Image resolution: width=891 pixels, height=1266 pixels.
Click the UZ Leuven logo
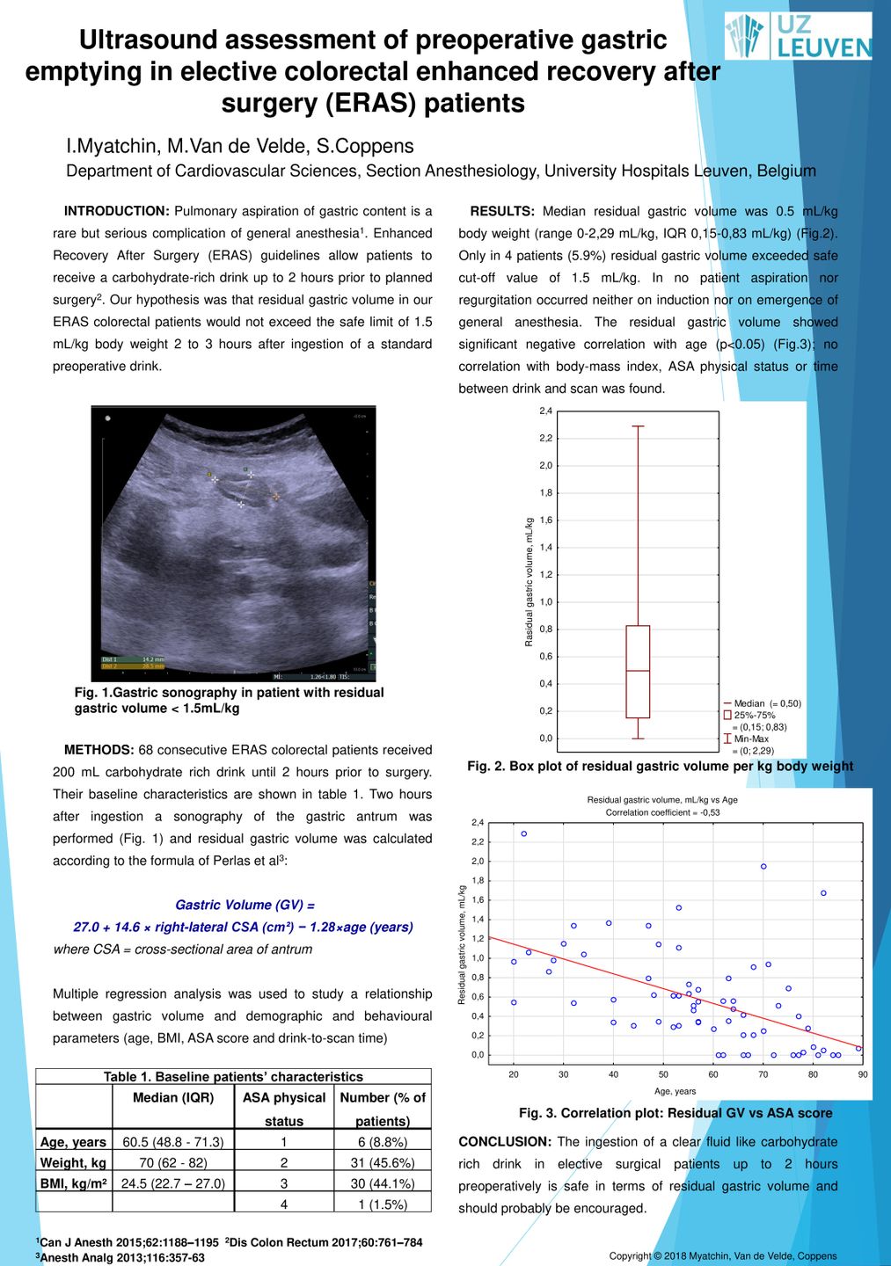point(798,36)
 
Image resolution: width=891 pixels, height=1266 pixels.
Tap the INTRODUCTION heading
point(116,211)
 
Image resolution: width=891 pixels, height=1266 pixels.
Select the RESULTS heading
point(502,211)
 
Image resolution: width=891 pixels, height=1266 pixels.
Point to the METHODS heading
point(99,750)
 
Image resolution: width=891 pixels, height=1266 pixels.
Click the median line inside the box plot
point(638,671)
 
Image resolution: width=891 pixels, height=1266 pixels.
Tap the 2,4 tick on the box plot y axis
point(546,411)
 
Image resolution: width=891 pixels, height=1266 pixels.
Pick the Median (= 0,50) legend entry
point(762,703)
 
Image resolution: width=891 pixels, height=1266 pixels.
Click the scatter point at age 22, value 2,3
point(524,833)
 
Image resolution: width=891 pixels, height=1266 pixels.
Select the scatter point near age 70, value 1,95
point(763,867)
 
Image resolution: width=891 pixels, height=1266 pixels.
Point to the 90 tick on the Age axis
point(863,1074)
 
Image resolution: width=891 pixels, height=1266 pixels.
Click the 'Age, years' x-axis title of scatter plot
point(675,1091)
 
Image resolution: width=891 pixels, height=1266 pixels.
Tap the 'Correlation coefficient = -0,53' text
point(662,812)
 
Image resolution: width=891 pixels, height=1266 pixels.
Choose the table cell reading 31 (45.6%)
point(383,1162)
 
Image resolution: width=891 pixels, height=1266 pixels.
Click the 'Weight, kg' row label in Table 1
point(73,1162)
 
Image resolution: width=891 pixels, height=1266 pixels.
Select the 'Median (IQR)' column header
point(173,1098)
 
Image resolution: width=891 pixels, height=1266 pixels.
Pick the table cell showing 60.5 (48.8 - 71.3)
point(173,1142)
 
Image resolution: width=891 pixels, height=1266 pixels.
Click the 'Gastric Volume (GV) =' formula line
point(245,905)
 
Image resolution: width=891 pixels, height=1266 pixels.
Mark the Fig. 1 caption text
point(229,700)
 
